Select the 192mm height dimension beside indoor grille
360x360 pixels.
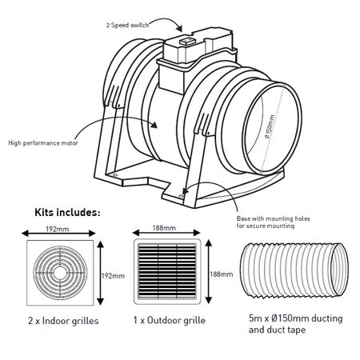(114, 275)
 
